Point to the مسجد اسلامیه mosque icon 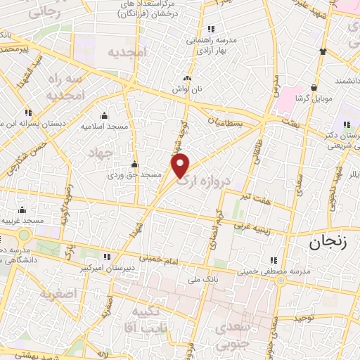coord(105,116)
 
